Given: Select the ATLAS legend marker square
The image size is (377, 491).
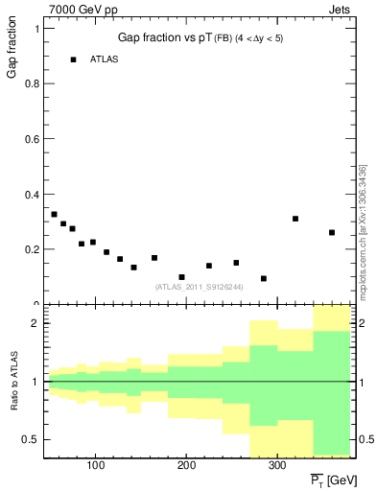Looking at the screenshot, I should (73, 59).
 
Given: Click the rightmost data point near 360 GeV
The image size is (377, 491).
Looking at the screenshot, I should (332, 232).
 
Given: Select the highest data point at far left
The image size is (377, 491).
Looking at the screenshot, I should (54, 214).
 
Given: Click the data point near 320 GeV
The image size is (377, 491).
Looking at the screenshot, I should (295, 219).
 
